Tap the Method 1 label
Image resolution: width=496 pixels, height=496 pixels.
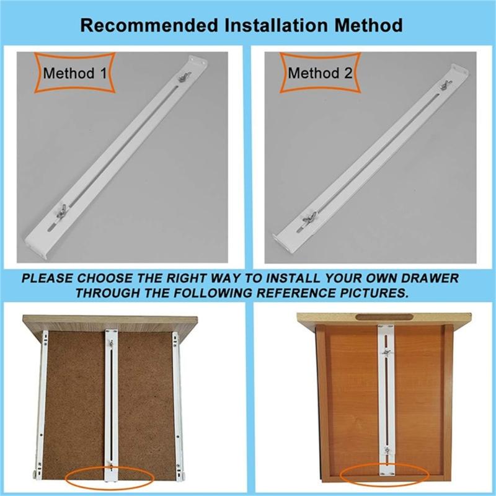(x=74, y=74)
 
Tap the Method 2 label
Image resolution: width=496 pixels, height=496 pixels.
(x=320, y=74)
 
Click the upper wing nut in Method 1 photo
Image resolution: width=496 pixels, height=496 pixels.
(x=184, y=79)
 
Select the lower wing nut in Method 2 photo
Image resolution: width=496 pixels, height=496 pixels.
(x=308, y=218)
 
